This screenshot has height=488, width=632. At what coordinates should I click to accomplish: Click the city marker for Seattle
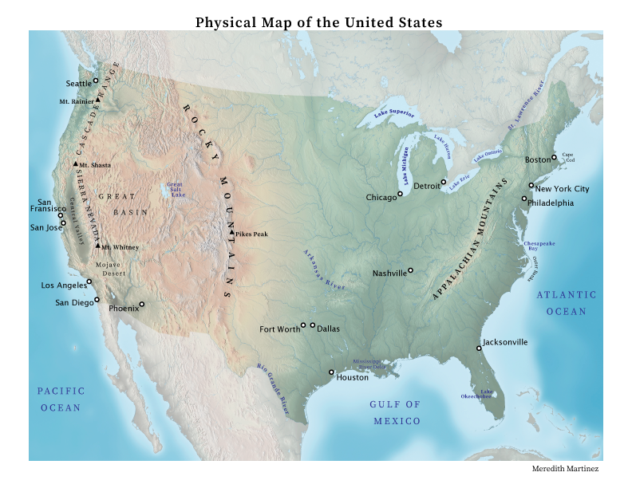tap(96, 81)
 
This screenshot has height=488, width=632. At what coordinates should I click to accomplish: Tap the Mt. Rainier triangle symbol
tap(97, 101)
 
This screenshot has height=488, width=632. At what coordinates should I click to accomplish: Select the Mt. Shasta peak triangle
tap(76, 164)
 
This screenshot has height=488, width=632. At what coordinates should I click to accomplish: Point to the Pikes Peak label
tap(251, 234)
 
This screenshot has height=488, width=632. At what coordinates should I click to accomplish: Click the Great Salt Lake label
tap(175, 189)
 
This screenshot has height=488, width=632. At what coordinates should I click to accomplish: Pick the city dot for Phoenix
tap(142, 304)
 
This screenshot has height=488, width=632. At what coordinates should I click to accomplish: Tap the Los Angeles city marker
tap(89, 281)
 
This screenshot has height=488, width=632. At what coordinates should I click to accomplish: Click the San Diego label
tap(73, 302)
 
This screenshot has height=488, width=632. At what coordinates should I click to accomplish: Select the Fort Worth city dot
tap(303, 325)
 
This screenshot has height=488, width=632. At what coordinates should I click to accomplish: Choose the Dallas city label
tap(329, 328)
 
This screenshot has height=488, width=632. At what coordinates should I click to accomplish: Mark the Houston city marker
tap(331, 372)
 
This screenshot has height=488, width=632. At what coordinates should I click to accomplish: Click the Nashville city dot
tap(410, 270)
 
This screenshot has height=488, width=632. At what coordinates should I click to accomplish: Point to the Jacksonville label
tap(505, 342)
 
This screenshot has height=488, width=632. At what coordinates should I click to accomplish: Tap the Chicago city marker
tap(400, 193)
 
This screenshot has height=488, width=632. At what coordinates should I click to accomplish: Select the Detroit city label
tap(426, 186)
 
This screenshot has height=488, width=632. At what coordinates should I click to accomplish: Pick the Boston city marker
tap(554, 157)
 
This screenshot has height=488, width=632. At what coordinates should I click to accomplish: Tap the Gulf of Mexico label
tap(394, 412)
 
